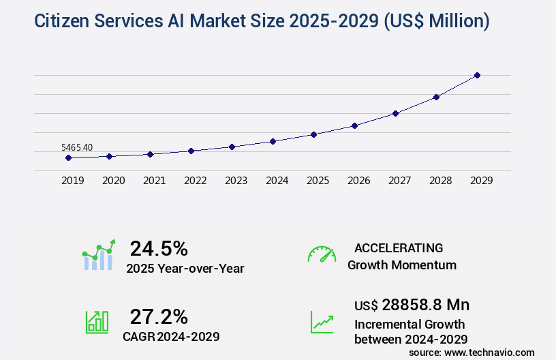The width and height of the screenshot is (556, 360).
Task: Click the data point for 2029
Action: pyautogui.click(x=477, y=75)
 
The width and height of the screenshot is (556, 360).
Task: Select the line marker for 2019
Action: pyautogui.click(x=68, y=157)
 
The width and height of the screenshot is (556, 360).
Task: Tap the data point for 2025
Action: pyautogui.click(x=313, y=134)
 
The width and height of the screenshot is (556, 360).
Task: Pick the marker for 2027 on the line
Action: pyautogui.click(x=395, y=113)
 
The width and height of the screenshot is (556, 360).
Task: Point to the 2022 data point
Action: pyautogui.click(x=191, y=151)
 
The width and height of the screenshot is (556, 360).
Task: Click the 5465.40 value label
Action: pyautogui.click(x=77, y=147)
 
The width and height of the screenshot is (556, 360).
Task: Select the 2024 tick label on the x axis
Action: pyautogui.click(x=277, y=181)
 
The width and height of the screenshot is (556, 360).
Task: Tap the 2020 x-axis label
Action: pyautogui.click(x=113, y=181)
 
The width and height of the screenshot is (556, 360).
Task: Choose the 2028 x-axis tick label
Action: pyautogui.click(x=440, y=181)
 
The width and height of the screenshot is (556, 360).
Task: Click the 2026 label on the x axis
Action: pyautogui.click(x=358, y=181)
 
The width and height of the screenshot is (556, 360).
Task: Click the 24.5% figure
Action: pyautogui.click(x=159, y=248)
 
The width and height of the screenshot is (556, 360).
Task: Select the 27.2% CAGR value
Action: pyautogui.click(x=159, y=316)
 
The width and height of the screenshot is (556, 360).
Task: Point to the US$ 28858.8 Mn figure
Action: pyautogui.click(x=412, y=304)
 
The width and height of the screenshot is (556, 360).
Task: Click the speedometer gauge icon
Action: pyautogui.click(x=322, y=254)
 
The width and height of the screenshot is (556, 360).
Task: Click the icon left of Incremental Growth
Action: pyautogui.click(x=322, y=322)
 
